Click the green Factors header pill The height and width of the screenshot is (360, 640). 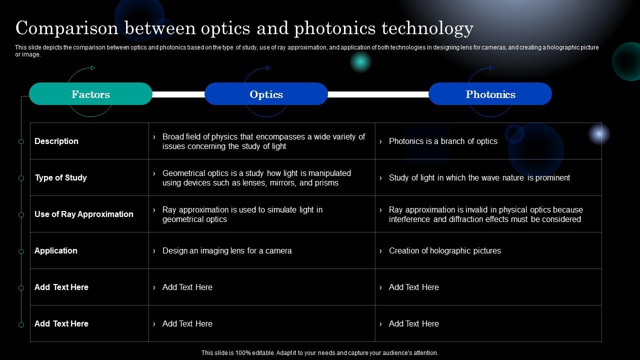[90, 94]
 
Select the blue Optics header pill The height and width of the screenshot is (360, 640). [266, 94]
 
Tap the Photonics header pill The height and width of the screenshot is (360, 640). [490, 94]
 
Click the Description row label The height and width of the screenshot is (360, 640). [56, 141]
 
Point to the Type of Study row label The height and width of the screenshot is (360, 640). [60, 177]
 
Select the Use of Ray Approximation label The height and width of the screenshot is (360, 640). [84, 214]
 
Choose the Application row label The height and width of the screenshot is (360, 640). [56, 250]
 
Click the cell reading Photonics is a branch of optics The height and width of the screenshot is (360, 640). [443, 141]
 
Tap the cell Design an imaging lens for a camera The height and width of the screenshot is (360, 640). [227, 250]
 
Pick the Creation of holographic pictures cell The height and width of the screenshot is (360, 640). [444, 250]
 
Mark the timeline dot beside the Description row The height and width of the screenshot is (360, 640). [21, 141]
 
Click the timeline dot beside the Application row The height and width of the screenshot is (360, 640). [21, 251]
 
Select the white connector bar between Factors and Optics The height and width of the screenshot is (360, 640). [178, 94]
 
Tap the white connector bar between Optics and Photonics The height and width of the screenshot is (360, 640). [378, 94]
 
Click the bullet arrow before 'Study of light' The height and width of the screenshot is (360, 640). [380, 178]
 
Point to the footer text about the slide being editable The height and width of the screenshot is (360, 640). [320, 352]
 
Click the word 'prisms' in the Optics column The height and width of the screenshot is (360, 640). [326, 182]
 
